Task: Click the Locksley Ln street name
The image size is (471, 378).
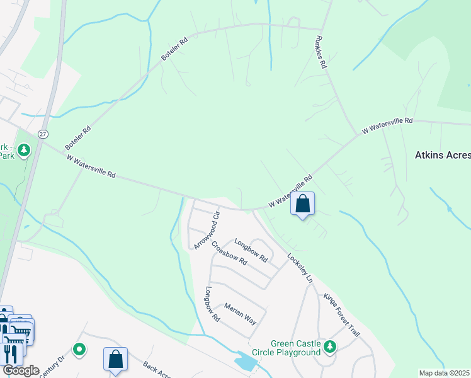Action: tap(300, 268)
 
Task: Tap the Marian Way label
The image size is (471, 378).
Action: tap(240, 312)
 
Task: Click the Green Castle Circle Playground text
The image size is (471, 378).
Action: tap(295, 348)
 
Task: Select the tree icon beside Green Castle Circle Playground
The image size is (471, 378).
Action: tap(329, 346)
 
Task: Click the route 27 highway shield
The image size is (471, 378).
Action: tap(42, 134)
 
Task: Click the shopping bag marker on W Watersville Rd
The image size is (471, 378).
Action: tap(303, 203)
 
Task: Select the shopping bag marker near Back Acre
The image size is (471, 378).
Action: tap(116, 359)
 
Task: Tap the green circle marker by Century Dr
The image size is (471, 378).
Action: tap(79, 348)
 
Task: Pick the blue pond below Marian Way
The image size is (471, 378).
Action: tap(244, 362)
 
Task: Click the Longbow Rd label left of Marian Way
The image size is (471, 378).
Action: tap(211, 305)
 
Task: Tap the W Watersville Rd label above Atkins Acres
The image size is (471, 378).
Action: tap(387, 126)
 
